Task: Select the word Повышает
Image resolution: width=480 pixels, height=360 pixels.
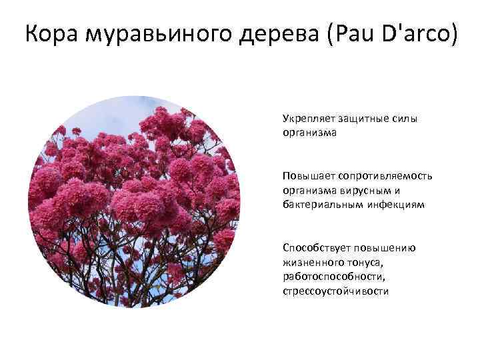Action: click(308, 176)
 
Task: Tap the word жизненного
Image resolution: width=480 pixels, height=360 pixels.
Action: click(310, 263)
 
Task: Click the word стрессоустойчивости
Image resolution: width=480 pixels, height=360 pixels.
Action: click(336, 292)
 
